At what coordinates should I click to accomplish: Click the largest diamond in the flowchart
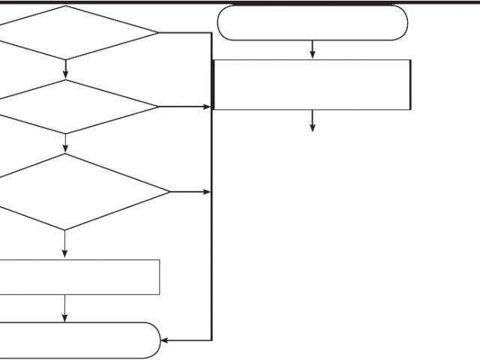coord(75,192)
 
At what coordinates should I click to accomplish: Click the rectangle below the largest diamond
coord(75,277)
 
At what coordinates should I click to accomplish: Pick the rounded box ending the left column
coord(75,340)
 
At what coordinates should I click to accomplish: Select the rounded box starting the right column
coord(312,22)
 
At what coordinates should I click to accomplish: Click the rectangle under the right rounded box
coord(312,85)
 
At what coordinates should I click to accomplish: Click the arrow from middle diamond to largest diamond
coord(66,144)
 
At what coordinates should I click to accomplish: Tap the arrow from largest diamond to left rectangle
coord(64,244)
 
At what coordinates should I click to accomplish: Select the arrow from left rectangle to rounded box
coord(64,308)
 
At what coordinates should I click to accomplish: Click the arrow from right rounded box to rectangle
coord(312,49)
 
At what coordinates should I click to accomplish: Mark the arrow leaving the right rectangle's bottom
coord(312,121)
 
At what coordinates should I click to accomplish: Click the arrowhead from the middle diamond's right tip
coord(208,106)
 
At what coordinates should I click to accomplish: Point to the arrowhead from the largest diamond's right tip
coord(208,192)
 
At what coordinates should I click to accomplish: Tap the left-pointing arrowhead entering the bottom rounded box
coord(165,340)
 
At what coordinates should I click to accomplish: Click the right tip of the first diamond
coord(158,33)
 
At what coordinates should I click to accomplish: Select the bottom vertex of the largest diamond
coord(64,229)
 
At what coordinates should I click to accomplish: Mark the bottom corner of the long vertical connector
coord(212,340)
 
